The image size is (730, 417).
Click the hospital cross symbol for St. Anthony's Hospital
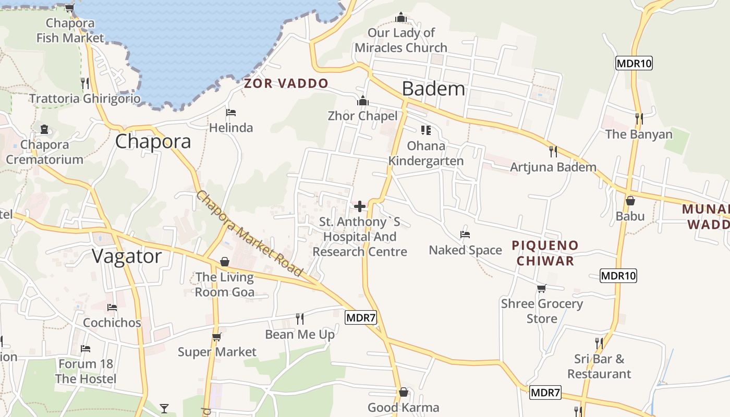(360, 206)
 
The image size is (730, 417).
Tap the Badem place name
(433, 89)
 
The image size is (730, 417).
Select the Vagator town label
(127, 256)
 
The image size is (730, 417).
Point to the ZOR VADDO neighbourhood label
(286, 83)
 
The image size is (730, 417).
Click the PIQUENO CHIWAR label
(545, 253)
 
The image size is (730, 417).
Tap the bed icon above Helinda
(231, 113)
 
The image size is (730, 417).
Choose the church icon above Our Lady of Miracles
(400, 18)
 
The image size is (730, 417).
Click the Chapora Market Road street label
(249, 234)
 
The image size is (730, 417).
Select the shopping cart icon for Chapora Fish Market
(69, 8)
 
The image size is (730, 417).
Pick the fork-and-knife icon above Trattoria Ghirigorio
(84, 83)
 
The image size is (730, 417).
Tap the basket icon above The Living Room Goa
(225, 261)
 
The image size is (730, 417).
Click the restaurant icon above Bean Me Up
(300, 318)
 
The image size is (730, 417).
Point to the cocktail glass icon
(164, 408)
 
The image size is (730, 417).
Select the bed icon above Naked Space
(465, 235)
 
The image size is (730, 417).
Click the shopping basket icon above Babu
(630, 200)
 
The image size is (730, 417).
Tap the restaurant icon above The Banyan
(639, 119)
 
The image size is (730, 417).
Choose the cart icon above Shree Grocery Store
(542, 288)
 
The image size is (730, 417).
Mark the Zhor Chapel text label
(362, 116)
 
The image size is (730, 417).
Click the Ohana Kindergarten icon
(425, 130)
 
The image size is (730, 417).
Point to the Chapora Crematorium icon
(44, 129)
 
